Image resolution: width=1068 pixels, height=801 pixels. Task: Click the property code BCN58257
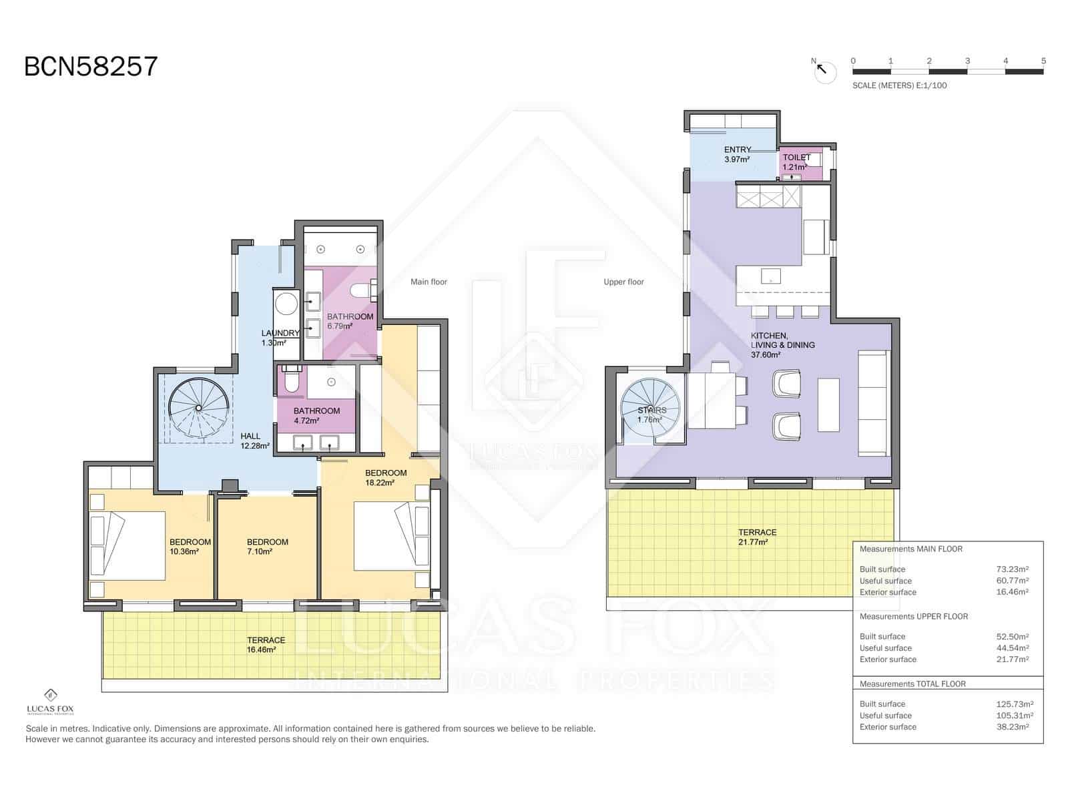[x=91, y=67]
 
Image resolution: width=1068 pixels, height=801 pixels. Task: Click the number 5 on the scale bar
[x=1043, y=61]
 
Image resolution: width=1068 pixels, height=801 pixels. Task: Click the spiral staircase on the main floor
[x=198, y=408]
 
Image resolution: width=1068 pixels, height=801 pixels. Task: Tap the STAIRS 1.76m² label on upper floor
[x=651, y=415]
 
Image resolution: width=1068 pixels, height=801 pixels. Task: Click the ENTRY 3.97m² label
[x=737, y=154]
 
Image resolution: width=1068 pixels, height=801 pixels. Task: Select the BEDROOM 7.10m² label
[x=267, y=547]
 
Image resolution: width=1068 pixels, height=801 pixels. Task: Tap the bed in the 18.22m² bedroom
[x=387, y=536]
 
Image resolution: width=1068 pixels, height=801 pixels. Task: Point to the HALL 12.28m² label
[x=254, y=441]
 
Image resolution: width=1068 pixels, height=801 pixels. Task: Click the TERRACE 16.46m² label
[x=266, y=644]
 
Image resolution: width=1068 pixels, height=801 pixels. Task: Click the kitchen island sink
[x=770, y=275]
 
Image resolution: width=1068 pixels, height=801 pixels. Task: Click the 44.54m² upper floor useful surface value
[x=1012, y=647]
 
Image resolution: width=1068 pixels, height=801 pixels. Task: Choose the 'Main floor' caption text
[x=429, y=282]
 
